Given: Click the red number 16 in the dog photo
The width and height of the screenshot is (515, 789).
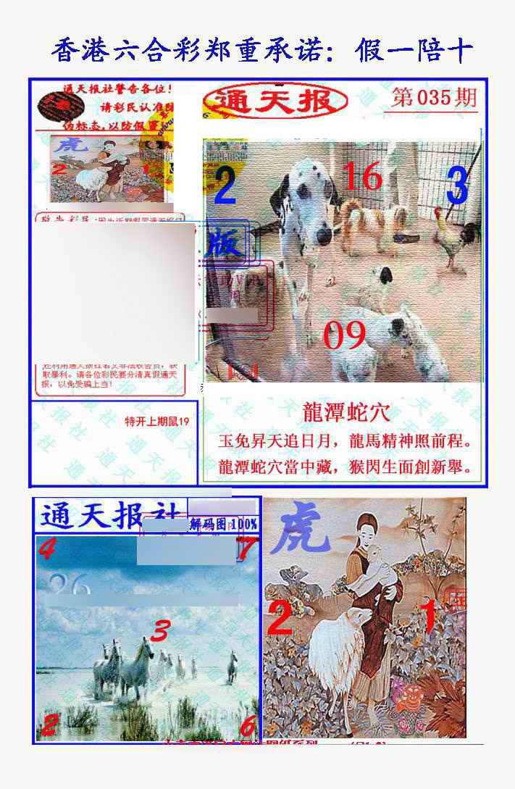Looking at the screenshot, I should click(361, 176).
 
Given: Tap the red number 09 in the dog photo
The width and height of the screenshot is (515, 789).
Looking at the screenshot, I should click(344, 336).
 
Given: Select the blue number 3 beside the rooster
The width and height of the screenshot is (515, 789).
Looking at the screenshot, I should click(456, 186).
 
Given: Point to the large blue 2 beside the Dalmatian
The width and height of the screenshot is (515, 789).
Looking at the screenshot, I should click(225, 187).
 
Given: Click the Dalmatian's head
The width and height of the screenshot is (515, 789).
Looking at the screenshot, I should click(313, 199).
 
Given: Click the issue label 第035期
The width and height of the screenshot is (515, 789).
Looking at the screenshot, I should click(434, 98).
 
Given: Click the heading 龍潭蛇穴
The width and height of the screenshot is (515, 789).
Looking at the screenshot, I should click(346, 412).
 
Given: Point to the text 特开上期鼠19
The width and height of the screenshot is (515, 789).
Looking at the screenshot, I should click(156, 421).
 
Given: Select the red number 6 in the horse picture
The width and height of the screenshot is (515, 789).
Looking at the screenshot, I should click(247, 725).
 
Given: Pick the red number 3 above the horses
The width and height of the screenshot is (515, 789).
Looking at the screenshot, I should click(161, 630).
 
